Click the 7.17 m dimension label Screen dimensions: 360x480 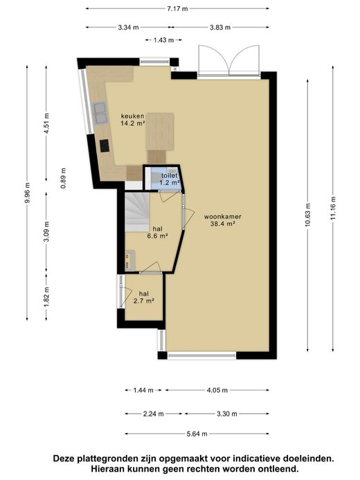point(177,8)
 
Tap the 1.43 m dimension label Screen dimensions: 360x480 point(163,39)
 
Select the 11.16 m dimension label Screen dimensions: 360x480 point(333,208)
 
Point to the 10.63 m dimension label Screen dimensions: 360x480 point(307,215)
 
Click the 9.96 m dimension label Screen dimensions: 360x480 point(27,193)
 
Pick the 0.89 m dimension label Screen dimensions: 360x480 point(63,178)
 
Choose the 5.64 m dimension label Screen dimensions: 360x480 point(197,434)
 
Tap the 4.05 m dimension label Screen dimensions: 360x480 point(217,391)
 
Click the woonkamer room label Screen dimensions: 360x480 point(223,217)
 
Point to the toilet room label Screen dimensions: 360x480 point(170,176)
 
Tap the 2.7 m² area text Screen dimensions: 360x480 point(143,301)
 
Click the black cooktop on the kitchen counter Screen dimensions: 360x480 point(105,145)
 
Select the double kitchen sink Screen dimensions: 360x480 point(100,114)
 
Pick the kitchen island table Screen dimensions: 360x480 point(160,132)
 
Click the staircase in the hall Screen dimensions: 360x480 point(136,212)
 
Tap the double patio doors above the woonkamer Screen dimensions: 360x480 point(228,60)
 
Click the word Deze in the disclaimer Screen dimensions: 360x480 point(64,459)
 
